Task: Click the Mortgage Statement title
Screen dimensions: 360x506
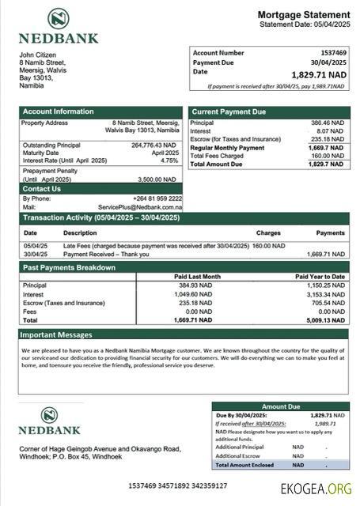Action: click(303, 15)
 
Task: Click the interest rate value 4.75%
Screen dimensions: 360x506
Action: click(169, 160)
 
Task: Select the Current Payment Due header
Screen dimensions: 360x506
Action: click(229, 112)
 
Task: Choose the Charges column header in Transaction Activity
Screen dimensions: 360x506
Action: click(268, 233)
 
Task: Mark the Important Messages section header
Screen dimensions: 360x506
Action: click(58, 335)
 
